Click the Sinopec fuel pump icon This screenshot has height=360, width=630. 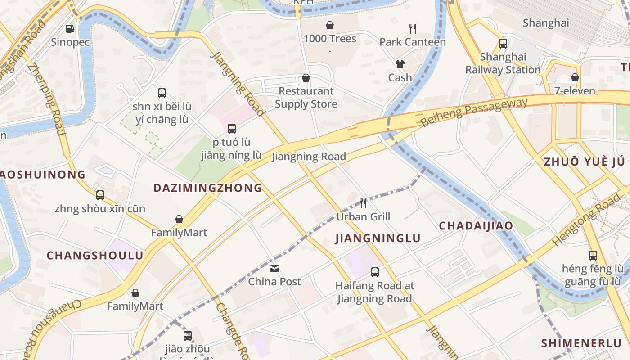tap(70, 29)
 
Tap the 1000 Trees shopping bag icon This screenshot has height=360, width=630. tap(330, 25)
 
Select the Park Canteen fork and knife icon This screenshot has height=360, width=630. tap(413, 29)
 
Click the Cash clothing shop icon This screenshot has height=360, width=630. tap(400, 64)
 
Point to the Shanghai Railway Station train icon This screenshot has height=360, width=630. tap(503, 44)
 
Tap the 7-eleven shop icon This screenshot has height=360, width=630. tap(575, 77)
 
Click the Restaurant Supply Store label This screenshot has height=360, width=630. tap(306, 98)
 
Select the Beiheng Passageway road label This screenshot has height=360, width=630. tap(473, 112)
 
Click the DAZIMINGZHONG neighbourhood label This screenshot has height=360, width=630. tap(208, 188)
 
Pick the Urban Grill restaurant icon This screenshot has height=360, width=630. tap(364, 203)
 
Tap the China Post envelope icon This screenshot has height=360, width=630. tap(274, 269)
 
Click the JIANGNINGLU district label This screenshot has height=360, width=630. tap(378, 238)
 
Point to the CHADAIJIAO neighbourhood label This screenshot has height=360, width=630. tap(476, 226)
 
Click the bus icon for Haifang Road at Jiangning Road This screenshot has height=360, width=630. tap(375, 272)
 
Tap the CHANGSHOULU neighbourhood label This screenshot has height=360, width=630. tap(95, 256)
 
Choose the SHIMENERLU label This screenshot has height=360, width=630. tap(581, 343)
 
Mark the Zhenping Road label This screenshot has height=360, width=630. tap(46, 99)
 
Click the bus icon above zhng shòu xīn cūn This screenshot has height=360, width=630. tap(100, 195)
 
